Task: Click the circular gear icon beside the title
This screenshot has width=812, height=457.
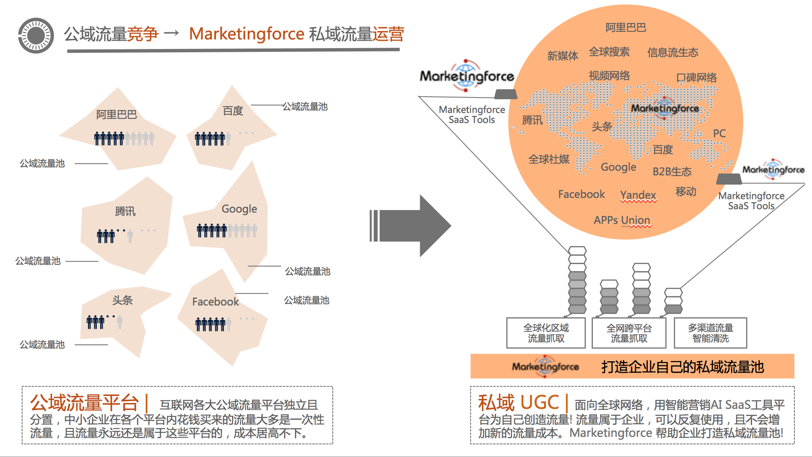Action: [36, 36]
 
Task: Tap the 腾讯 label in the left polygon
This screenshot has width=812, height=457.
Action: [125, 211]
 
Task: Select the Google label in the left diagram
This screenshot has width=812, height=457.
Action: [239, 209]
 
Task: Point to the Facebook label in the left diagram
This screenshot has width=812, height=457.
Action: [215, 302]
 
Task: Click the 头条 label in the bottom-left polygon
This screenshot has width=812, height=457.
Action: [122, 300]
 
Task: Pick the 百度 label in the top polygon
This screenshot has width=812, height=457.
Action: [233, 111]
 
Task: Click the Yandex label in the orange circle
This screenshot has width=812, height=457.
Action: [638, 195]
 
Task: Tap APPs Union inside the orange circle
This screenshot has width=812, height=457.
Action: [622, 220]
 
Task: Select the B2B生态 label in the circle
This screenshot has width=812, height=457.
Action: [672, 172]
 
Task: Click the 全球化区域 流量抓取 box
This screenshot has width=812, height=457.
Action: [546, 333]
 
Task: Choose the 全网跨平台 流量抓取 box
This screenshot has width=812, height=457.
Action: [629, 333]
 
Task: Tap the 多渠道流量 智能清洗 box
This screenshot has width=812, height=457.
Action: [711, 333]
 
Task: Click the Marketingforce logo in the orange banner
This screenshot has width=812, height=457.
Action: [545, 367]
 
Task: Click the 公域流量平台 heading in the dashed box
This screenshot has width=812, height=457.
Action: [84, 403]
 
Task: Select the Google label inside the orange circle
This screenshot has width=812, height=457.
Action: [618, 167]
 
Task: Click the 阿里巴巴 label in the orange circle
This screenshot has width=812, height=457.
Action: [626, 28]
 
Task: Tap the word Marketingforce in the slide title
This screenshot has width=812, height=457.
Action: [247, 34]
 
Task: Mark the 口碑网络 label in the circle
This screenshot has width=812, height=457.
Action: [696, 78]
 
